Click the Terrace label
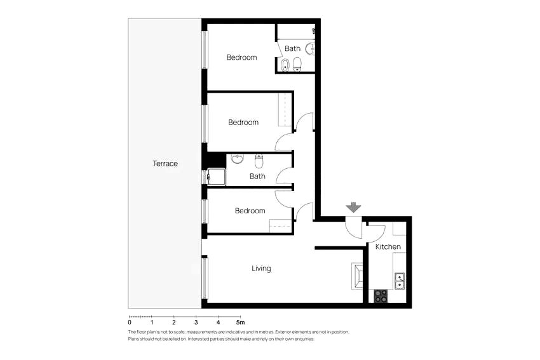point(165,163)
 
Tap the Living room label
point(261,269)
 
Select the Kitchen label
point(388,247)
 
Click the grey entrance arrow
point(353,208)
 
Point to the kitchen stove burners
point(381,297)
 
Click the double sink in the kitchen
point(400,281)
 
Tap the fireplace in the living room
point(357,276)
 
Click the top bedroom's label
point(242,58)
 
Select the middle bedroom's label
point(243,123)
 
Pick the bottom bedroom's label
point(250,211)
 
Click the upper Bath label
point(292,48)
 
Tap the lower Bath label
point(257,177)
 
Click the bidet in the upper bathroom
point(285,65)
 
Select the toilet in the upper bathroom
point(297,64)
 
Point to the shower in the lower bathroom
point(216,177)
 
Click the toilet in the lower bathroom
point(259,161)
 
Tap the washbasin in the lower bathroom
point(237,159)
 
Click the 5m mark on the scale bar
point(240,323)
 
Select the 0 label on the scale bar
point(130,323)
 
